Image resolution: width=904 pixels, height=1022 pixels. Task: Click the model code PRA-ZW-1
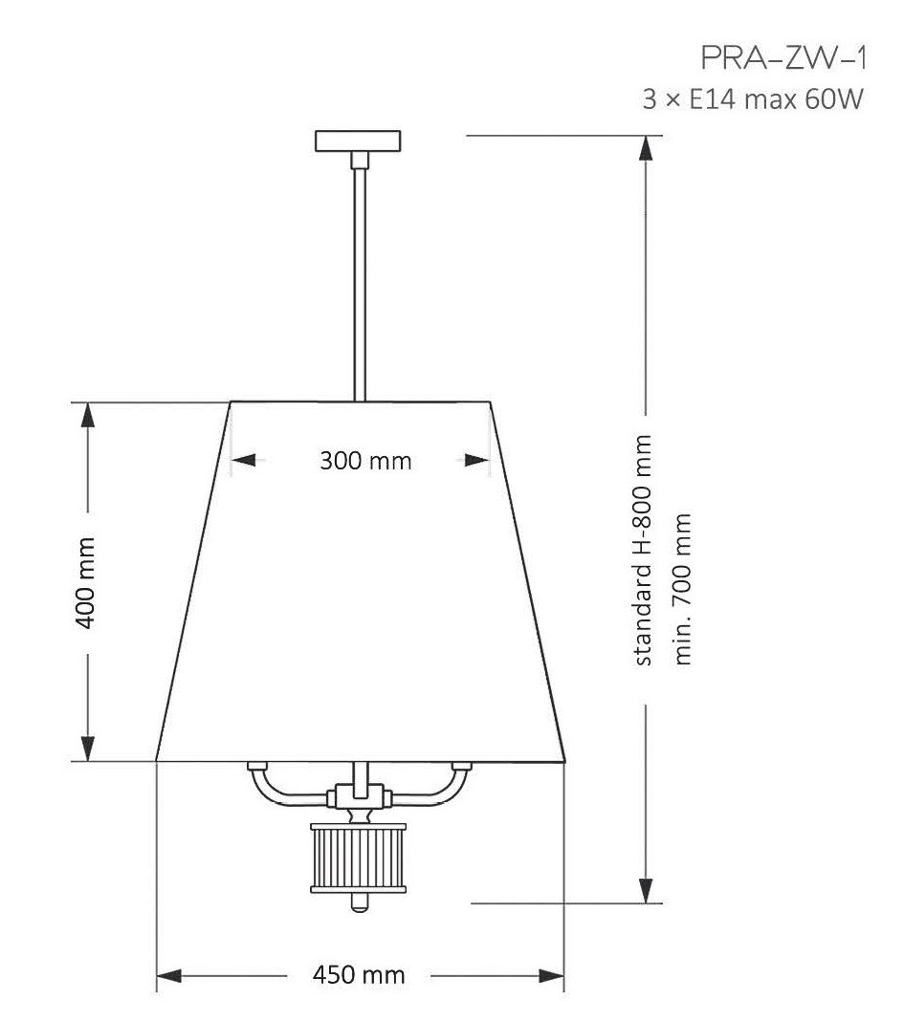(784, 58)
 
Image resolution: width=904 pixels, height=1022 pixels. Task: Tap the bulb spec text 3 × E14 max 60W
(753, 99)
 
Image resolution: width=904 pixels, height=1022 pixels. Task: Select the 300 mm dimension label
(365, 461)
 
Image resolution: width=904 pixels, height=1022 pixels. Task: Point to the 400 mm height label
(85, 582)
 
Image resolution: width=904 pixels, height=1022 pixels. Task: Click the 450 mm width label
(359, 974)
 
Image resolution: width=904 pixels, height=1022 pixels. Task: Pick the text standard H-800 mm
(643, 550)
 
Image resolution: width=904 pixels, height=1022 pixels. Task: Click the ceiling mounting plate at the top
(358, 141)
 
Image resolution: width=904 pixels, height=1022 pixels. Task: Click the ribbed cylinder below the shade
(359, 858)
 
